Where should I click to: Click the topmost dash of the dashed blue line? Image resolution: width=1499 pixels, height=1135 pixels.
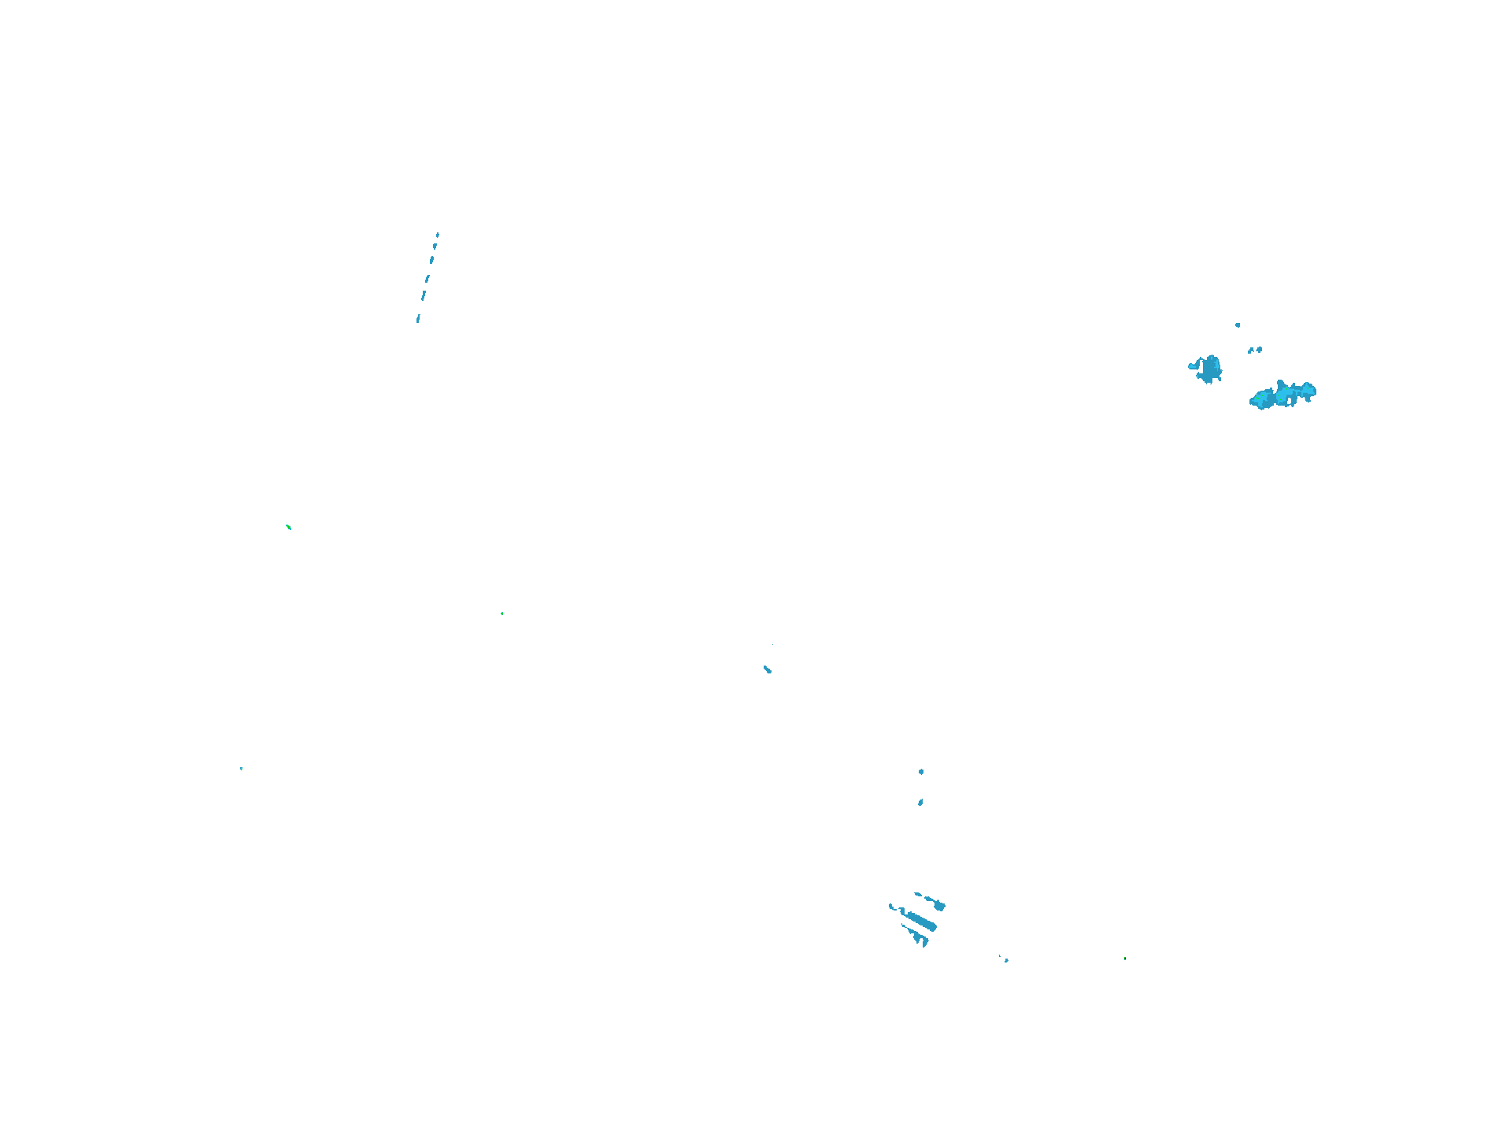(x=438, y=234)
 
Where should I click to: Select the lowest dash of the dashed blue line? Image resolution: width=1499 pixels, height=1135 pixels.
(x=418, y=319)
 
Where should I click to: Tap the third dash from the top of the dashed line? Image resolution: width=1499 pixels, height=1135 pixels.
(x=432, y=259)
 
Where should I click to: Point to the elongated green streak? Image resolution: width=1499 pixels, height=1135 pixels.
(x=288, y=526)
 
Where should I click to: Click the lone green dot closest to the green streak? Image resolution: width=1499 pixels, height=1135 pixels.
(x=502, y=614)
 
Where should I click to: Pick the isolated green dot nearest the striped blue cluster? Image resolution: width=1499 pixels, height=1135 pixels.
(x=1125, y=959)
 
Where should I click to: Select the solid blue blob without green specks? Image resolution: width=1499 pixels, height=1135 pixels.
(x=1208, y=369)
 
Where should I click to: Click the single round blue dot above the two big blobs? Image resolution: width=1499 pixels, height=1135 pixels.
(x=1238, y=325)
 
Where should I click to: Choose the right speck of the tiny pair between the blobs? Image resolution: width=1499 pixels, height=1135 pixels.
(x=1260, y=349)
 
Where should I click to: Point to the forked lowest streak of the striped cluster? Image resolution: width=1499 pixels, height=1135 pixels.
(x=918, y=938)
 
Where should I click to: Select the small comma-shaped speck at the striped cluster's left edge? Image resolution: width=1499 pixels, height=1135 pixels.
(x=892, y=907)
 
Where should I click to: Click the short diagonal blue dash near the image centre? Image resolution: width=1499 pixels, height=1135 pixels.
(x=768, y=670)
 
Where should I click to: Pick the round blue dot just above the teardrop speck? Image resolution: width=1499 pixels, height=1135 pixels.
(x=921, y=772)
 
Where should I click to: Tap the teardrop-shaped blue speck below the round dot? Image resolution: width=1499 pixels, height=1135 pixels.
(x=920, y=803)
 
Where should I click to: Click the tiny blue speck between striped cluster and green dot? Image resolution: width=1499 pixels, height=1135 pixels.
(x=1005, y=959)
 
